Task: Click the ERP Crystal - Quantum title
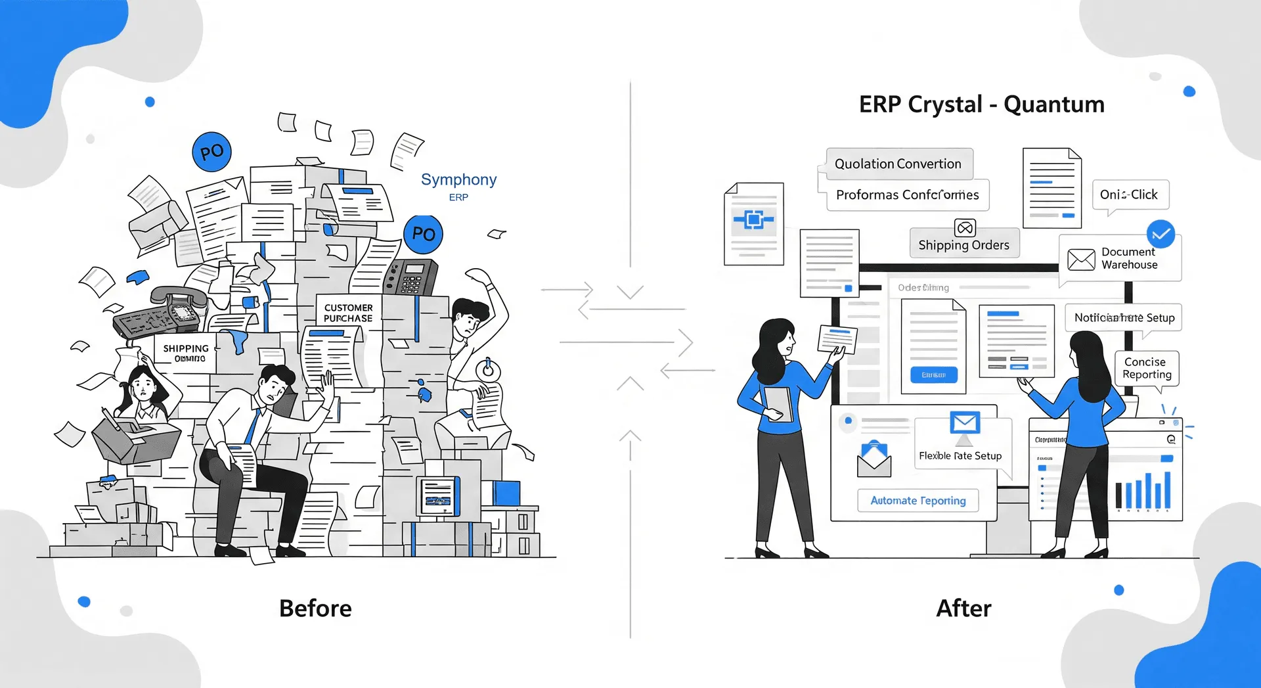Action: pyautogui.click(x=981, y=104)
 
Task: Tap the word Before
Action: pyautogui.click(x=315, y=608)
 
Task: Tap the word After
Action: pyautogui.click(x=963, y=608)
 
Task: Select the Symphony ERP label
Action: pyautogui.click(x=458, y=186)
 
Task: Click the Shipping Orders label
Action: pyautogui.click(x=963, y=245)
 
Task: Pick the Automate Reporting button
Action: pyautogui.click(x=918, y=501)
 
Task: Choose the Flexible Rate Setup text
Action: pyautogui.click(x=960, y=455)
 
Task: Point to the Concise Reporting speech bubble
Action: pyautogui.click(x=1147, y=368)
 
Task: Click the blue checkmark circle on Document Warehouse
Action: pyautogui.click(x=1161, y=234)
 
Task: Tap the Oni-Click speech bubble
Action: pyautogui.click(x=1130, y=195)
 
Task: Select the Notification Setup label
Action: pyautogui.click(x=1124, y=317)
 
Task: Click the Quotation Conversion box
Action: pyautogui.click(x=898, y=164)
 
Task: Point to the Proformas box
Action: pyautogui.click(x=907, y=195)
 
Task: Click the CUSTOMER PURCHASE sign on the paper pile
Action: pyautogui.click(x=348, y=313)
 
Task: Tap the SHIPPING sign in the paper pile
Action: pyautogui.click(x=186, y=353)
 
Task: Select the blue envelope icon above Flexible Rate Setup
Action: pyautogui.click(x=965, y=423)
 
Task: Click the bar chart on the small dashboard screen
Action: pyautogui.click(x=1143, y=491)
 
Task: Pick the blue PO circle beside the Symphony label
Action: pyautogui.click(x=423, y=234)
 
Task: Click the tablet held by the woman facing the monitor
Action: pyautogui.click(x=778, y=403)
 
